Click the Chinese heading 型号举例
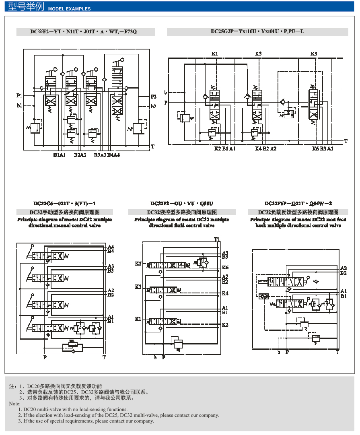pyautogui.click(x=26, y=7)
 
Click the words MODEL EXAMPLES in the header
pyautogui.click(x=69, y=9)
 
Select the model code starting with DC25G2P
pyautogui.click(x=257, y=31)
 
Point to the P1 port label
pyautogui.click(x=19, y=96)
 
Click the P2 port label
pyautogui.click(x=153, y=97)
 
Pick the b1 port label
pyautogui.click(x=19, y=106)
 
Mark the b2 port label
pyautogui.click(x=153, y=107)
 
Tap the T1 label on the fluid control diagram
pyautogui.click(x=217, y=240)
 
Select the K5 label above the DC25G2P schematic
pyautogui.click(x=314, y=54)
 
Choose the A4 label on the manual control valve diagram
pyautogui.click(x=111, y=247)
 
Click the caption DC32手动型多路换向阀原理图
pyautogui.click(x=64, y=212)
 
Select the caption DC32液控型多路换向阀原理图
pyautogui.click(x=182, y=212)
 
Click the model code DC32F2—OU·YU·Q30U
pyautogui.click(x=182, y=204)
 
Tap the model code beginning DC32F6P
pyautogui.click(x=298, y=204)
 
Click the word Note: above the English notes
pyautogui.click(x=14, y=404)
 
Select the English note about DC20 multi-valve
pyautogui.click(x=75, y=410)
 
